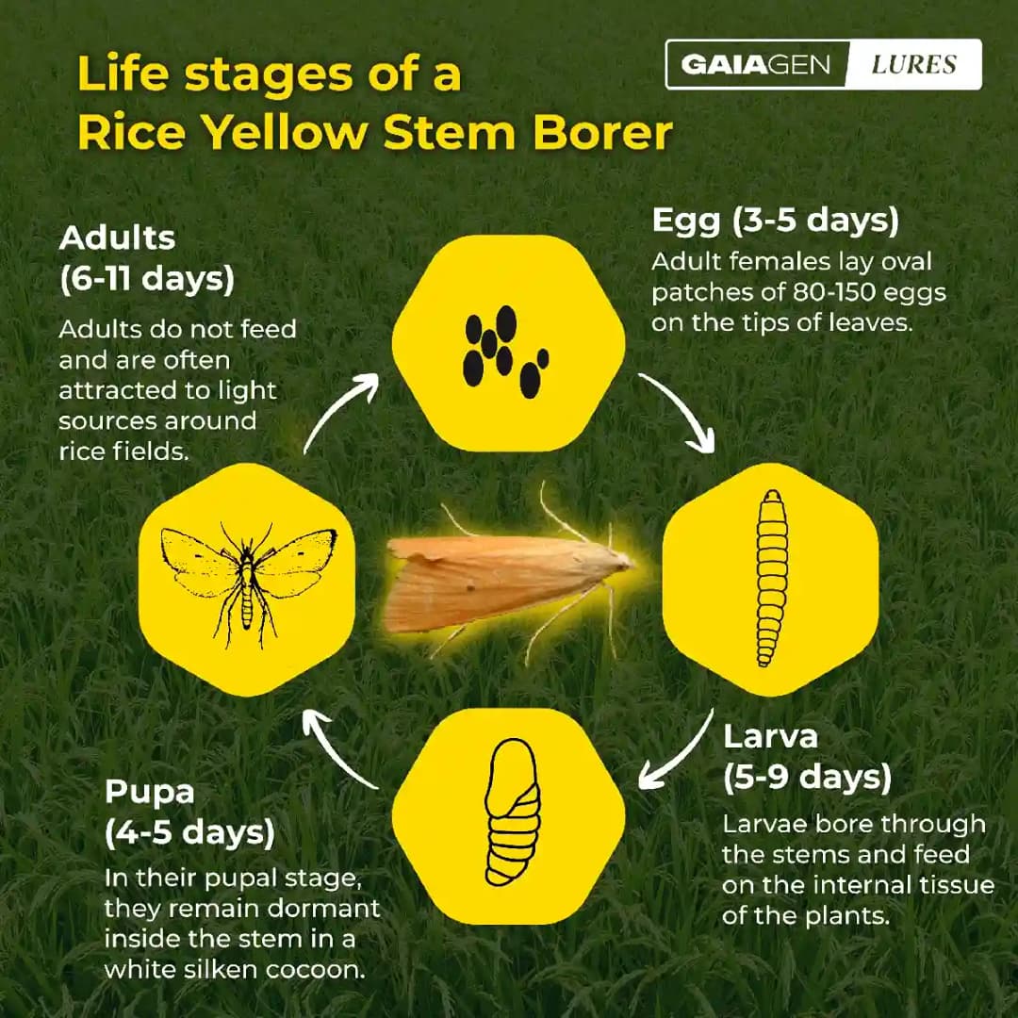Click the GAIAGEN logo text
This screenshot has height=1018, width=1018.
click(x=756, y=65)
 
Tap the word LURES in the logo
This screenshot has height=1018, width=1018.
click(x=913, y=65)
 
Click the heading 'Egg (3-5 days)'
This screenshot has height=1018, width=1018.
click(x=775, y=221)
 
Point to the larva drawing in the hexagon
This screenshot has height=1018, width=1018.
click(x=771, y=579)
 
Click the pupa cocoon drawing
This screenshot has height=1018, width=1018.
click(x=511, y=812)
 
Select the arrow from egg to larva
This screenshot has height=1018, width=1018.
click(x=677, y=412)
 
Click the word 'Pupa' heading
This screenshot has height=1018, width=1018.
click(x=150, y=790)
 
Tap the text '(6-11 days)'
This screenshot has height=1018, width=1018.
click(x=146, y=280)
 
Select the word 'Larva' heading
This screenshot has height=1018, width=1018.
click(x=770, y=736)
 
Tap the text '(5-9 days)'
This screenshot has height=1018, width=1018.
click(x=807, y=778)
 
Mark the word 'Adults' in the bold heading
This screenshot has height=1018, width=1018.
click(x=117, y=238)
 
